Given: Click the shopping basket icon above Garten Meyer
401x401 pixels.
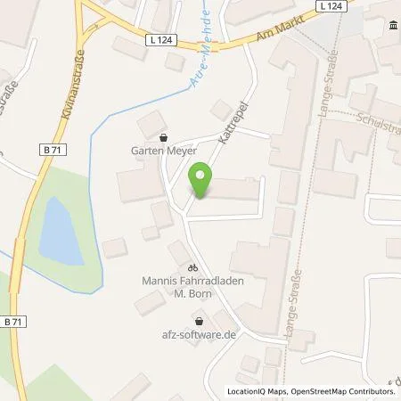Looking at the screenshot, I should tap(162, 138).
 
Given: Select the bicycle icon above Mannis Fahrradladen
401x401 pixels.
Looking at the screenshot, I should tap(192, 268).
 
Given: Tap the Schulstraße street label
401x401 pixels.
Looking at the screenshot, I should tap(374, 125).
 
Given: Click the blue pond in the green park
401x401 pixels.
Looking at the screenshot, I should tap(53, 228).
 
